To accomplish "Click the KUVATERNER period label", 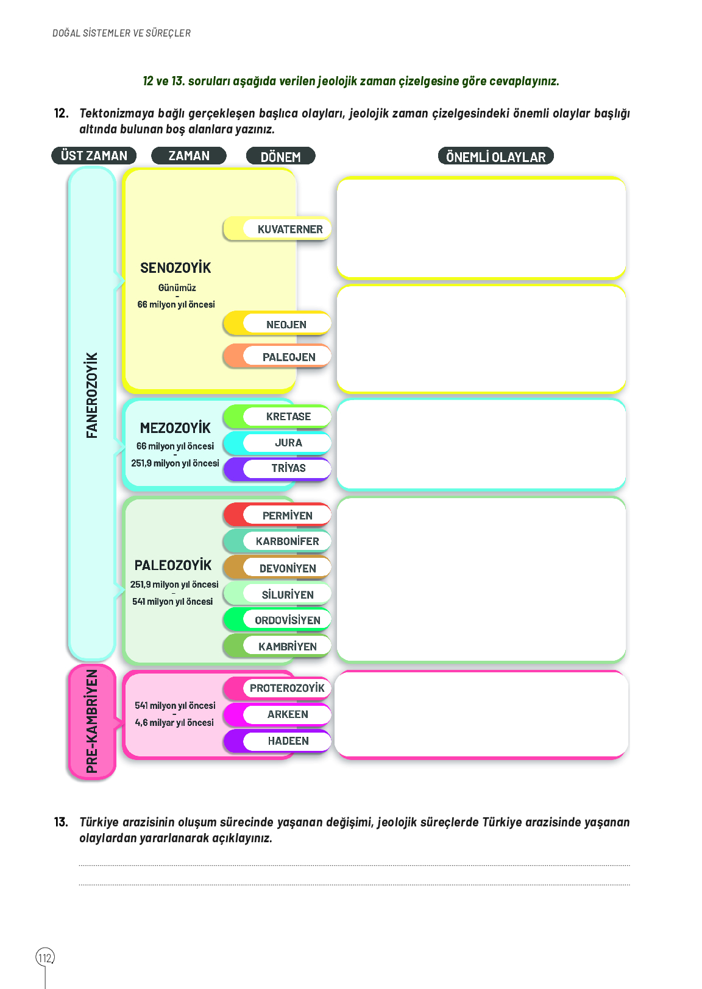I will (x=289, y=230).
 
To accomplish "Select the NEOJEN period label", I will (x=286, y=325).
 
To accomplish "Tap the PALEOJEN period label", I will (x=289, y=357).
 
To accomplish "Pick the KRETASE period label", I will (x=288, y=417).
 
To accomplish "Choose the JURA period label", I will (x=288, y=443).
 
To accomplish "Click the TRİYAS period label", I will (x=288, y=468).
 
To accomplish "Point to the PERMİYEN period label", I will (x=287, y=516).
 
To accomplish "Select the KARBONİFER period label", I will (x=287, y=541).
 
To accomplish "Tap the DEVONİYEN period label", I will (x=288, y=568).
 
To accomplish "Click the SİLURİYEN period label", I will (x=288, y=594).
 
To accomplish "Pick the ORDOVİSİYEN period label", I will (x=287, y=620).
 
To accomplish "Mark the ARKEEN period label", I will (x=288, y=714).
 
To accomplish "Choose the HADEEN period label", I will (x=288, y=741).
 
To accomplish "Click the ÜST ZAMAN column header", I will (x=94, y=156).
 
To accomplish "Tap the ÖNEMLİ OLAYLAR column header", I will (x=495, y=157).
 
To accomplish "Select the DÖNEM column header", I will (x=280, y=157).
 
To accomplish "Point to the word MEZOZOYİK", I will (x=175, y=428).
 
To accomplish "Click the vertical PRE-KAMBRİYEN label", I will (x=92, y=722).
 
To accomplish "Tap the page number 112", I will (x=45, y=958).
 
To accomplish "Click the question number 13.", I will (x=61, y=822).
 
